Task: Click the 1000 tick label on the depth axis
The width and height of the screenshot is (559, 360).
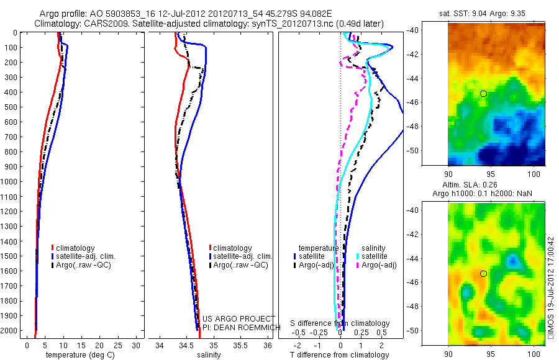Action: (x=9, y=182)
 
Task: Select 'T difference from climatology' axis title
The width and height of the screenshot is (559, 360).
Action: (x=340, y=355)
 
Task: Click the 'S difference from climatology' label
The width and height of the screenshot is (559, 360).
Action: (x=340, y=323)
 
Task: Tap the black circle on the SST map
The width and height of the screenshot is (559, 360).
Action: (x=483, y=94)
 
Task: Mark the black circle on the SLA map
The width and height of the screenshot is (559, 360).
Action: (x=483, y=274)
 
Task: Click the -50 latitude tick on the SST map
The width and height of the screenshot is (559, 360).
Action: (x=435, y=150)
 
